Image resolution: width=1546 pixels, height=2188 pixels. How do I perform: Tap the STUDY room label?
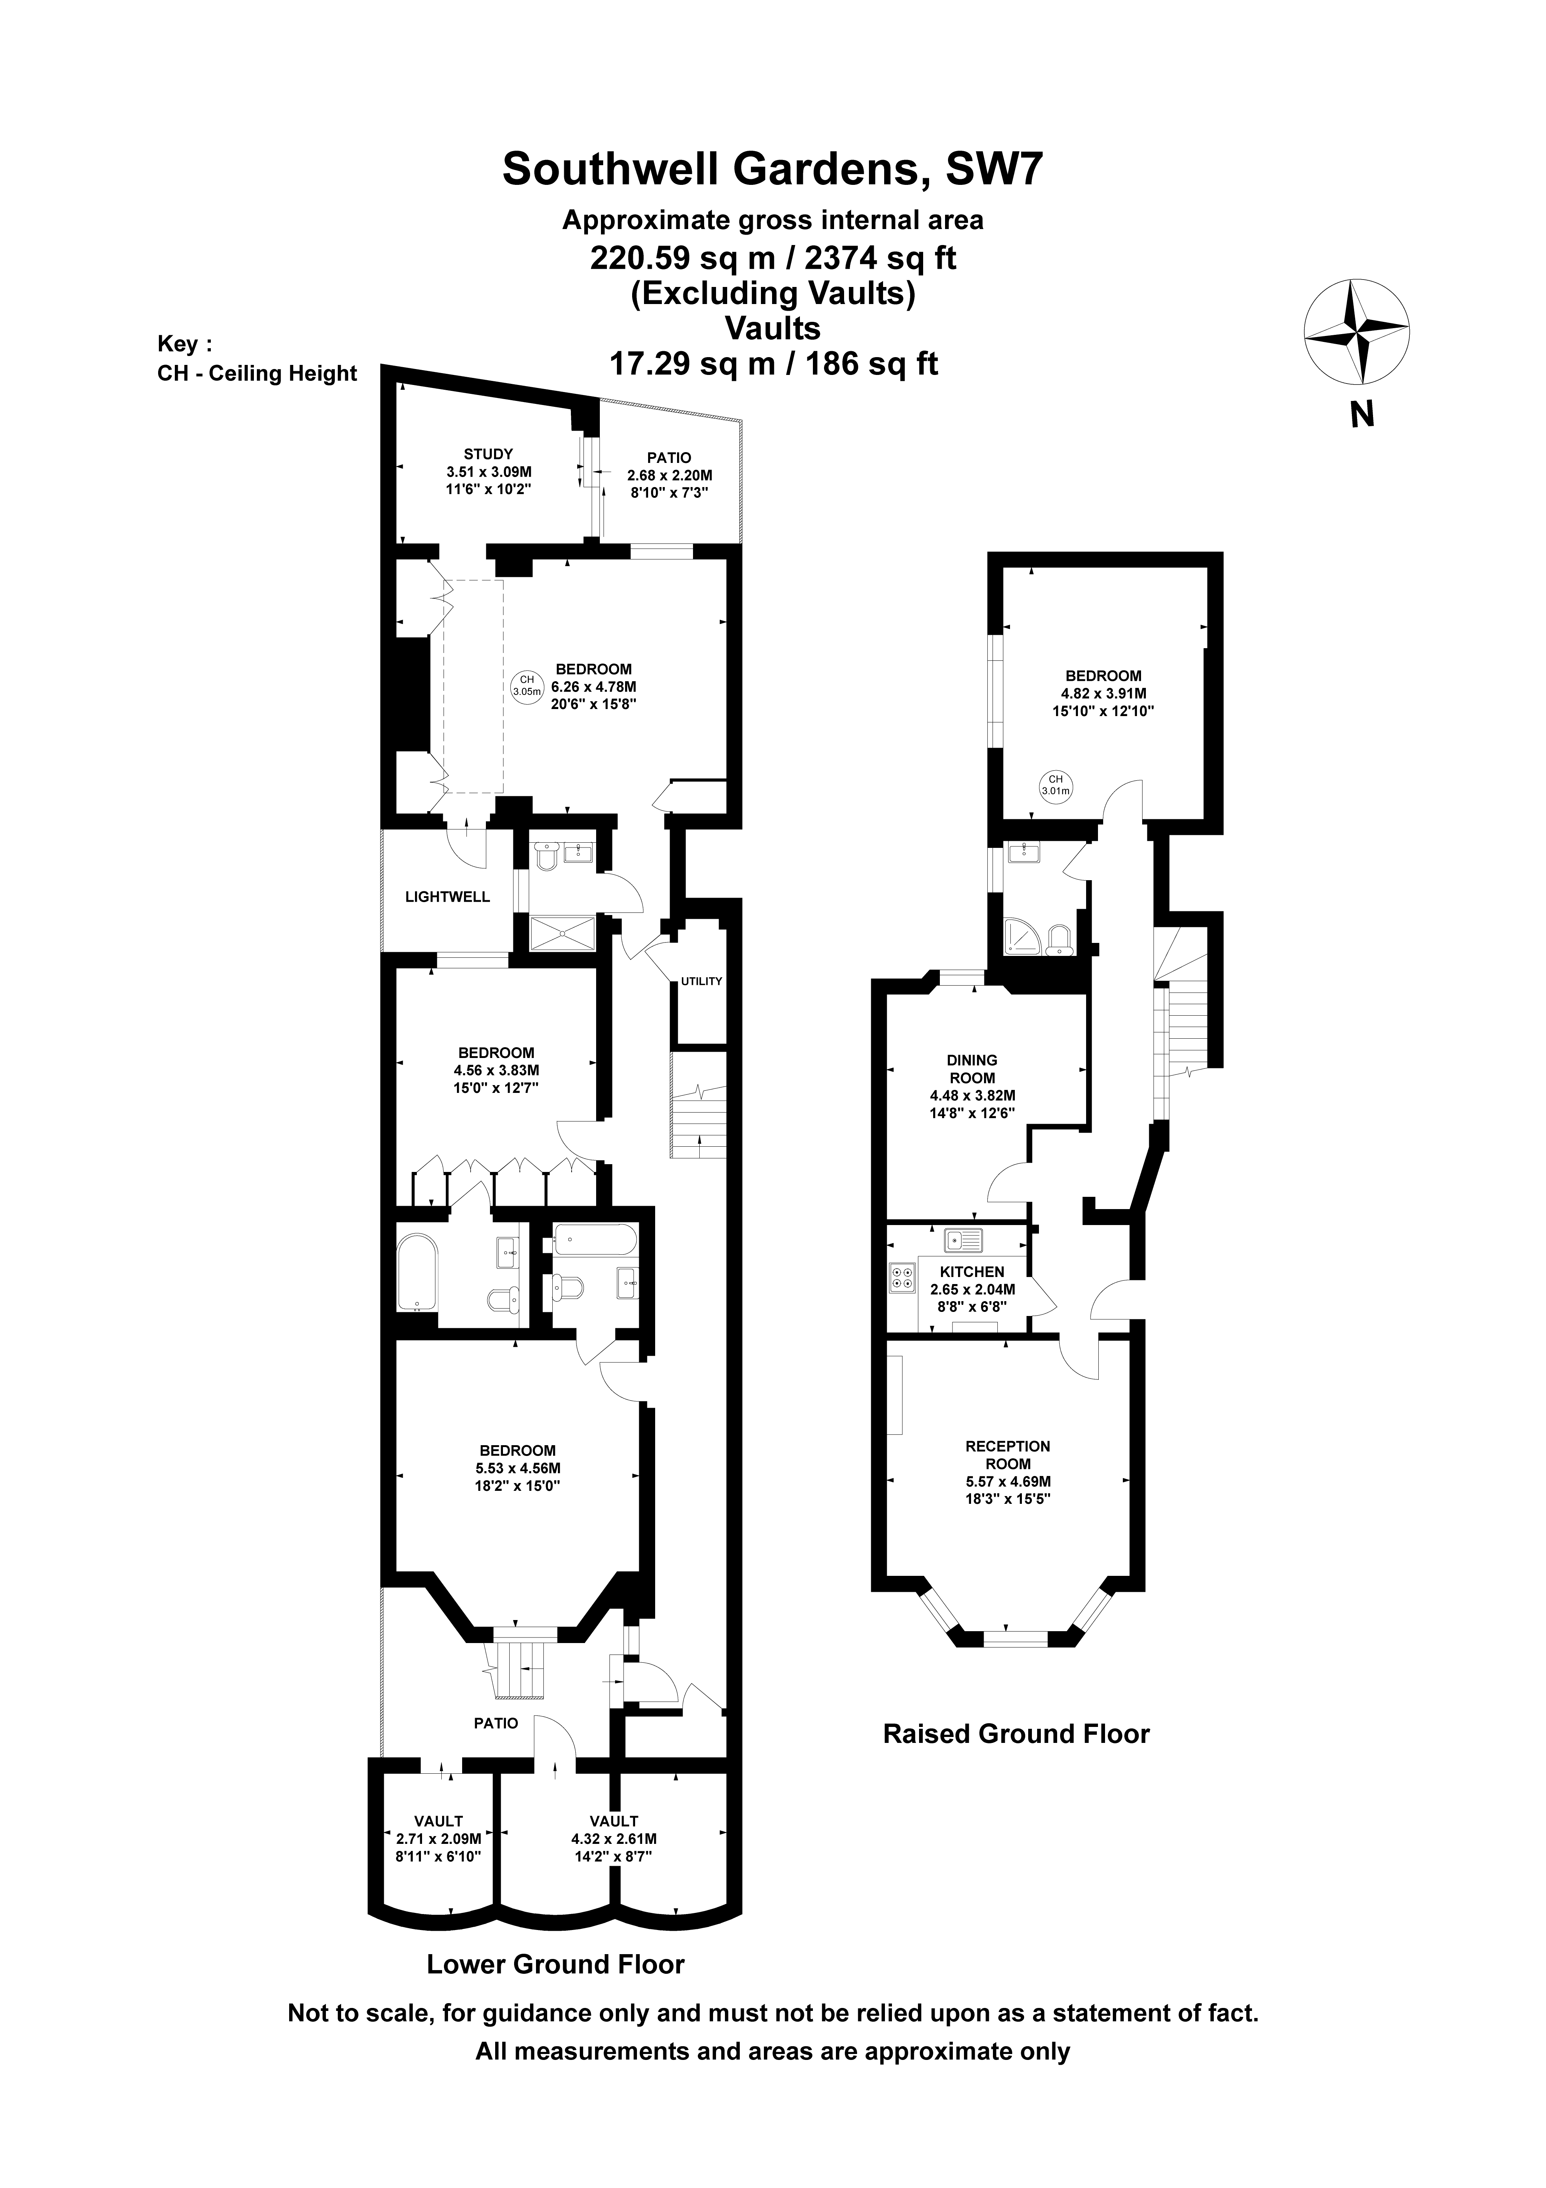[x=488, y=454]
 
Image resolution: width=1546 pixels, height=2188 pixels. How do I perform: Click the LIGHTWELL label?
[x=447, y=897]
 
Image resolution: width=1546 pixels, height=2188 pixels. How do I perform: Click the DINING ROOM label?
[x=972, y=1068]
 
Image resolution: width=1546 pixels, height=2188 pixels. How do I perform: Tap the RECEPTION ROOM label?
[x=1007, y=1455]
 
